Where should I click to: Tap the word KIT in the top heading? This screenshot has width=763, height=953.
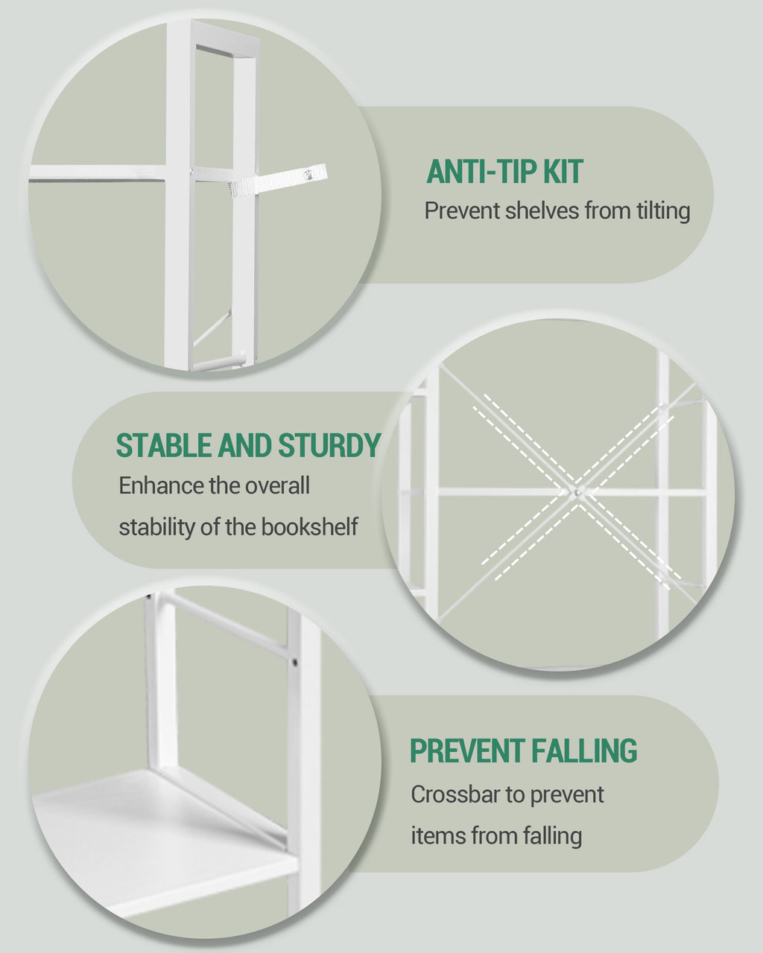(563, 172)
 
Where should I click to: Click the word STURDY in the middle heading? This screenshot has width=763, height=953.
(329, 446)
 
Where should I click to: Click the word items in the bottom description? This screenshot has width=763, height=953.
(427, 836)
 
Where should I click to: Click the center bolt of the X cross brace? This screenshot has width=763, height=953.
(576, 492)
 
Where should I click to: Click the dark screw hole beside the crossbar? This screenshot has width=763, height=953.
(296, 661)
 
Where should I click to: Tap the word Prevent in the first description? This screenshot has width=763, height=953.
(462, 211)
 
